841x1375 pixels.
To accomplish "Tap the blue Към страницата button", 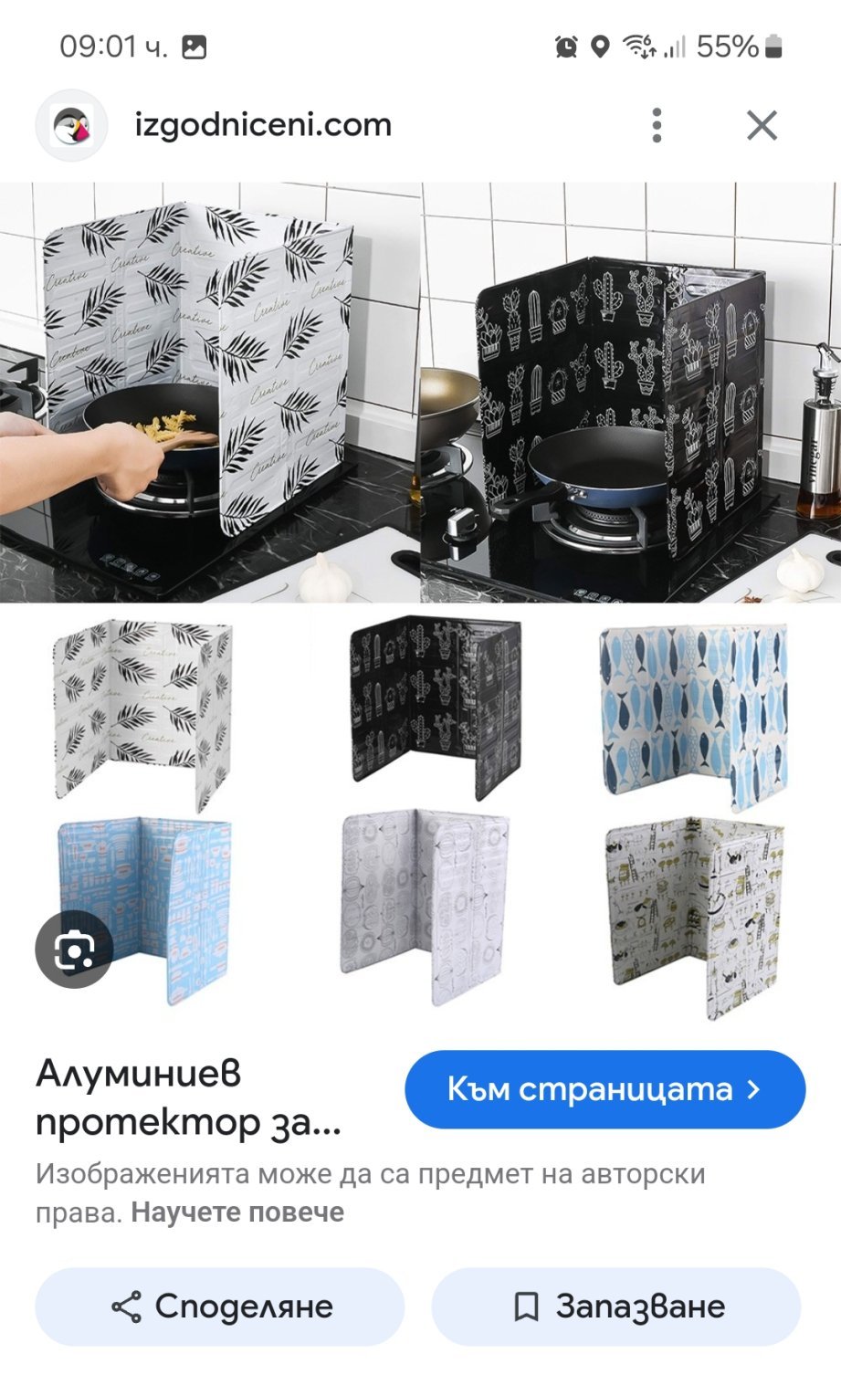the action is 604,1089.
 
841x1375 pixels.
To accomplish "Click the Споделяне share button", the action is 220,1307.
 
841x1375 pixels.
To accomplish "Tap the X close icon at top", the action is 762,125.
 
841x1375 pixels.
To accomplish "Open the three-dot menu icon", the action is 657,125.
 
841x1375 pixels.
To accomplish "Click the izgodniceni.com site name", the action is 263,125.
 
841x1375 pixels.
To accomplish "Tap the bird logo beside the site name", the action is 72,125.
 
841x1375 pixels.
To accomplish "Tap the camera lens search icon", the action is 74,949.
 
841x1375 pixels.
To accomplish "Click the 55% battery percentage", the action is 728,47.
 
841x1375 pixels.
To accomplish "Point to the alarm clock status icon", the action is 566,47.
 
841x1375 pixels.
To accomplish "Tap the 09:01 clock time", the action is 113,47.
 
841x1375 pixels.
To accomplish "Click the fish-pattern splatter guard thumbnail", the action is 694,715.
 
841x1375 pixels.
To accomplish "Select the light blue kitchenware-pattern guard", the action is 145,908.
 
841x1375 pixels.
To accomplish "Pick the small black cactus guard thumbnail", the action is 436,706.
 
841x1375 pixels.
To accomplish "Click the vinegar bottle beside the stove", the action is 820,430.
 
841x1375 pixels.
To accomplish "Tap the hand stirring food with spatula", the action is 79,455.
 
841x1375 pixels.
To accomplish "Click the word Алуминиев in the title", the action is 139,1075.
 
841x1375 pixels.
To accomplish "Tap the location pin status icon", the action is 600,47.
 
